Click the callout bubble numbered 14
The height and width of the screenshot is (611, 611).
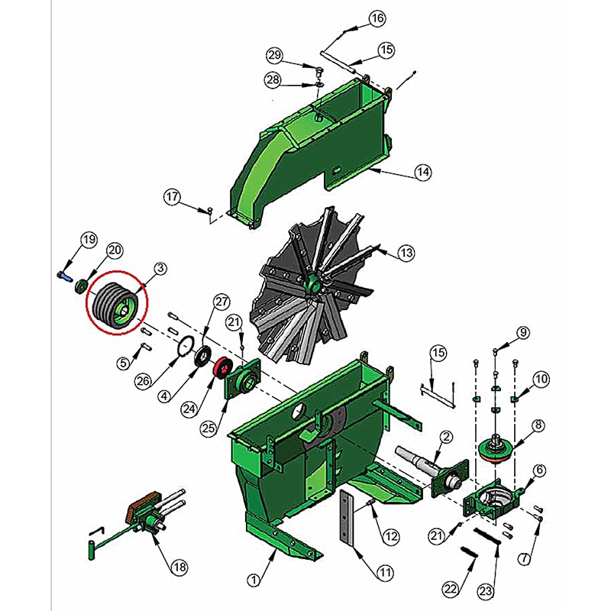[423, 172]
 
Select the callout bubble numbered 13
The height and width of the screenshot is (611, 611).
[406, 253]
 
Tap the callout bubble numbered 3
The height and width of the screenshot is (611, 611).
[160, 269]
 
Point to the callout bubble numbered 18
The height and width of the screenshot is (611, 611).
[179, 567]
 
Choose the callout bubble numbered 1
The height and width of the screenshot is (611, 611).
[254, 580]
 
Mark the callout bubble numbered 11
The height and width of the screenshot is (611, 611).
[385, 572]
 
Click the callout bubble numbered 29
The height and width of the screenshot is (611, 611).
[274, 55]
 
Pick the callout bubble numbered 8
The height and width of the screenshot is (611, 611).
[538, 425]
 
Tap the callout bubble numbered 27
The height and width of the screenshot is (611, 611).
[221, 302]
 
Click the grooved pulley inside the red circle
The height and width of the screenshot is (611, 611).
[117, 306]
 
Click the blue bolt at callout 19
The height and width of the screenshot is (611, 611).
[65, 276]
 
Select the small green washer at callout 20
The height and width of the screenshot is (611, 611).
[82, 286]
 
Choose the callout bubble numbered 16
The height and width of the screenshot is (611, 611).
[377, 18]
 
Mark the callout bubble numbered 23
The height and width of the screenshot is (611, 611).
[486, 591]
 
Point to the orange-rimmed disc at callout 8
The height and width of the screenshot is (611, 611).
[496, 450]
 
